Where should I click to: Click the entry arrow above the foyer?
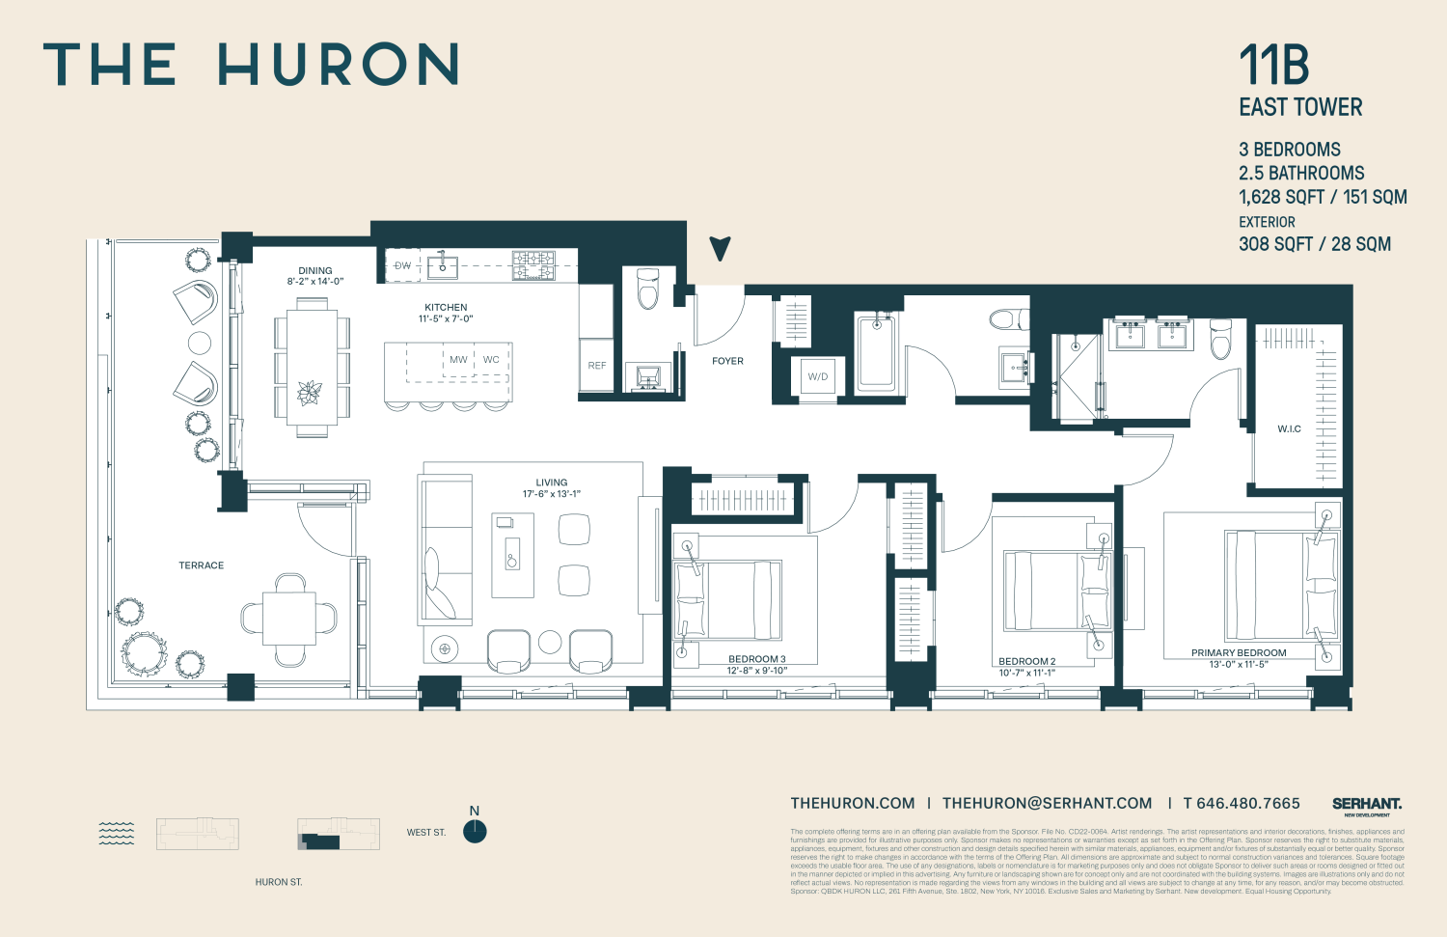(720, 248)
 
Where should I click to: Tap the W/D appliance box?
(818, 376)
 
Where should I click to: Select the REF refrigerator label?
(596, 366)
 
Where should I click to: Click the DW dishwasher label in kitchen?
(402, 265)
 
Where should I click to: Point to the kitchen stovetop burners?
(532, 264)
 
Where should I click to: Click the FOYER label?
(727, 361)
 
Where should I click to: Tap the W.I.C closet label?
(1289, 428)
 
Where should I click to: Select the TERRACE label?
(201, 565)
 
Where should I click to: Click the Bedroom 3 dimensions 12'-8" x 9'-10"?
(757, 671)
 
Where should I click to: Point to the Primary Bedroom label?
(1239, 653)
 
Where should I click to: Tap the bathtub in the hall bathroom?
(876, 352)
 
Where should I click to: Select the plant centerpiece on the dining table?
(311, 393)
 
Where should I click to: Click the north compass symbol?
(475, 831)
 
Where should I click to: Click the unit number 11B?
(1273, 66)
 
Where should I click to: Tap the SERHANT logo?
(1366, 804)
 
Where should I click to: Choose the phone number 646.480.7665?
(1242, 803)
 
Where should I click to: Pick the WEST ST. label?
(425, 832)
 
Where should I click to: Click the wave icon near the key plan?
(117, 834)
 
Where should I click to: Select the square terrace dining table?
(289, 619)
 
